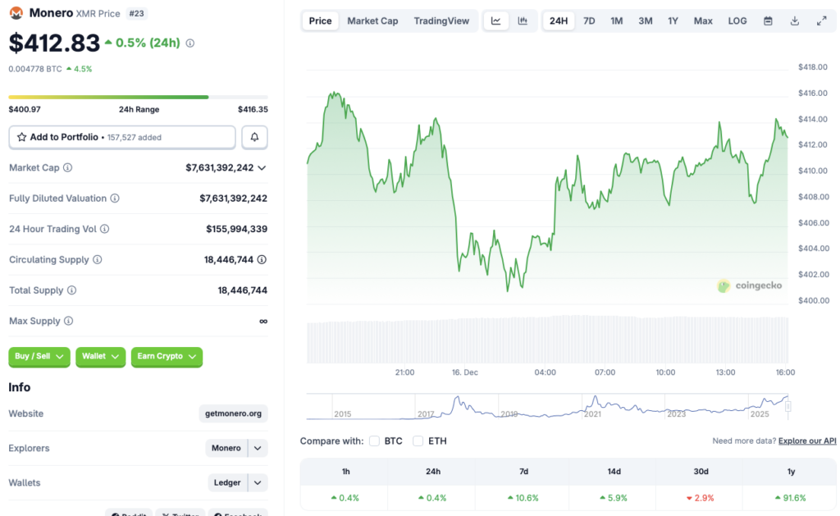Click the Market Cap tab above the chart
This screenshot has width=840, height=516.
click(372, 21)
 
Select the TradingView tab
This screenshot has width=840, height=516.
click(441, 21)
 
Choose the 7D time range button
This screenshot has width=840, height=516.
click(589, 21)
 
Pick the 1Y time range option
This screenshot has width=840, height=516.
click(673, 21)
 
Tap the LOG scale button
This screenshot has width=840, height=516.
click(737, 21)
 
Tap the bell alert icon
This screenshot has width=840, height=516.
click(254, 137)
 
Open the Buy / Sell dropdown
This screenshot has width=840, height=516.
click(39, 357)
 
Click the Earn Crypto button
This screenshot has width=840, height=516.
click(167, 357)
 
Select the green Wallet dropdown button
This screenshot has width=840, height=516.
click(100, 357)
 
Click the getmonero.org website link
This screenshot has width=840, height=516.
click(233, 413)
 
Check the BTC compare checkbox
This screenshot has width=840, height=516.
click(375, 441)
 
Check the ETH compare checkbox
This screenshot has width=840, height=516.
click(418, 441)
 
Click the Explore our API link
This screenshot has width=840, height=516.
click(807, 441)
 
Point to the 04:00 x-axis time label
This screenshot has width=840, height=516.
click(545, 372)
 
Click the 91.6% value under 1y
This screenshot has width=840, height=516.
click(790, 498)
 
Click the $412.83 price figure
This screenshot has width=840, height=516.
click(54, 42)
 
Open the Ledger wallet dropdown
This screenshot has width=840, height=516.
click(237, 482)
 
